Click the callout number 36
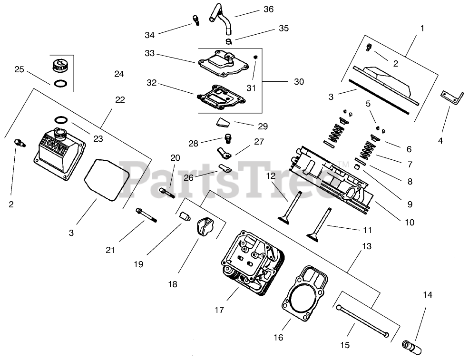[x=268, y=9]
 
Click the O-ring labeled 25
[x=61, y=83]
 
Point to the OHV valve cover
[x=60, y=154]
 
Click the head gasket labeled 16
[x=304, y=293]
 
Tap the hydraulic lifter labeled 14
[x=412, y=347]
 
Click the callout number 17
[x=219, y=310]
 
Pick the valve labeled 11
[x=320, y=223]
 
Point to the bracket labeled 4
[x=452, y=97]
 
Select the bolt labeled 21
[x=146, y=215]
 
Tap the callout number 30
[x=299, y=82]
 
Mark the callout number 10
[x=410, y=223]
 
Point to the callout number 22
[x=120, y=99]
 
